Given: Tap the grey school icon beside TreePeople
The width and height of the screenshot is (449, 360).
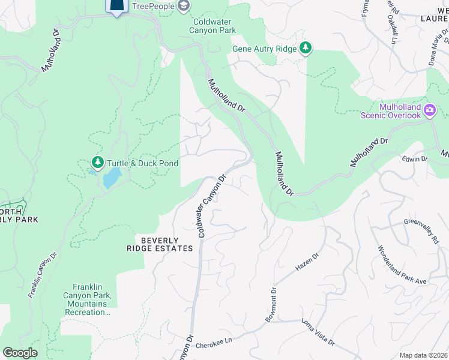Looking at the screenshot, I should point(184,6).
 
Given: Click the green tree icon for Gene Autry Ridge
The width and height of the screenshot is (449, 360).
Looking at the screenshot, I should point(305,48).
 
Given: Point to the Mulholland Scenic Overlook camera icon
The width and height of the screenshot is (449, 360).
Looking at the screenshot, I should point(429,110).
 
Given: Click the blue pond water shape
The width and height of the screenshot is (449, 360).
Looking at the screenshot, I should point(110,178).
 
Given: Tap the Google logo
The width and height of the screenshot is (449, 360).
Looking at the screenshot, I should point(20,353).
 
